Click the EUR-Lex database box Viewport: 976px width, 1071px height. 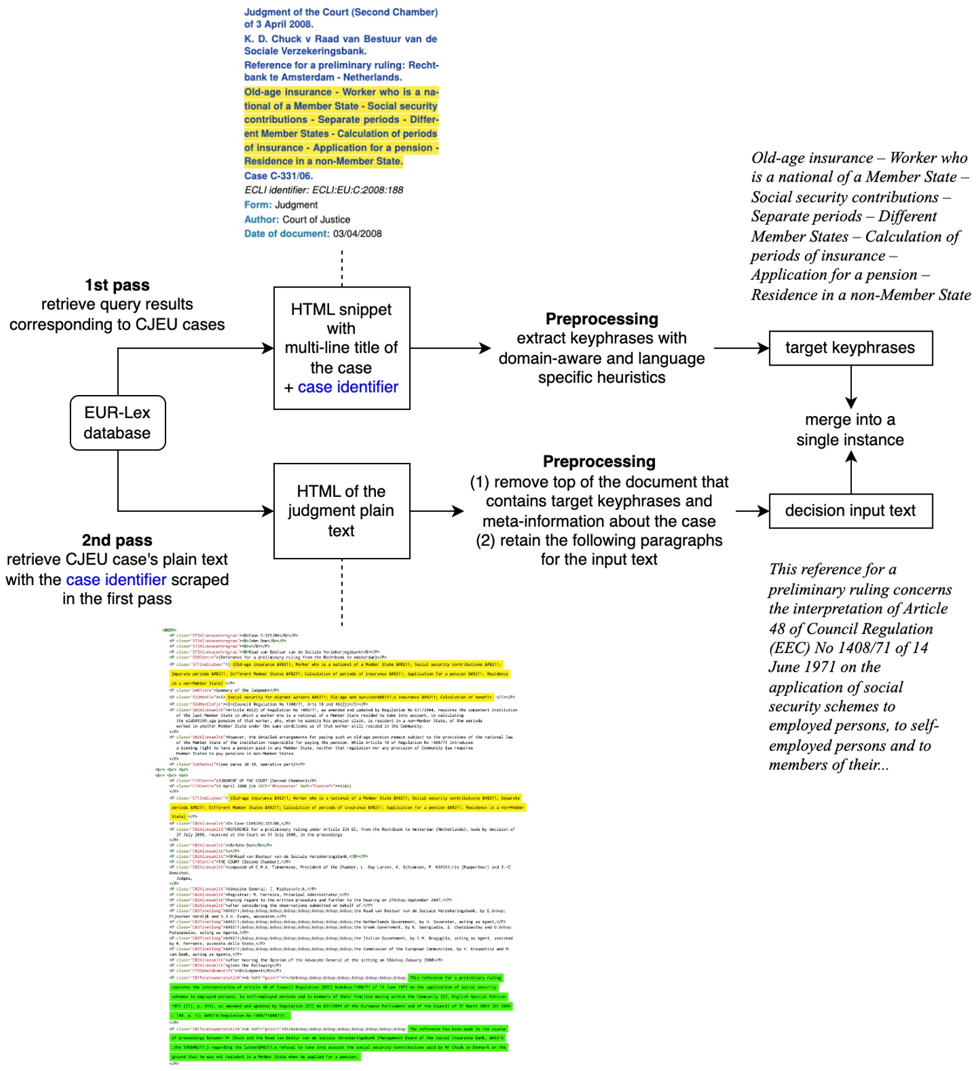click(117, 423)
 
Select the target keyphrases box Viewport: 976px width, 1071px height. click(849, 348)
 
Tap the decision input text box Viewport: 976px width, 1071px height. click(849, 511)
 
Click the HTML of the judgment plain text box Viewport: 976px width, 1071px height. click(341, 511)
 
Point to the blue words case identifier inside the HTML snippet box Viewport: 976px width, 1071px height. click(348, 387)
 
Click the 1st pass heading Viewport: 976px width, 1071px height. click(117, 285)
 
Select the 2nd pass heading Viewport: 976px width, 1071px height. click(117, 540)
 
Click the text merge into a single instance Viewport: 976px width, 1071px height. click(849, 430)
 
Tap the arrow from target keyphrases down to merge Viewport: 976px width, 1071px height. click(851, 386)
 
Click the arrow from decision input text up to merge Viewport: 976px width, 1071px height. click(851, 472)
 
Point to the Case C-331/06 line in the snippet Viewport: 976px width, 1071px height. click(278, 176)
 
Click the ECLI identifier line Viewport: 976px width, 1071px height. click(323, 190)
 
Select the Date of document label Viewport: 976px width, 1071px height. click(286, 234)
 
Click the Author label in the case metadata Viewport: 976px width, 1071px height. click(261, 220)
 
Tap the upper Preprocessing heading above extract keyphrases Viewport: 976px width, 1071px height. click(601, 319)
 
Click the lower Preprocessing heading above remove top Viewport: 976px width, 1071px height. click(599, 462)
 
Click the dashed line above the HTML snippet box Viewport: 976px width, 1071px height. click(342, 268)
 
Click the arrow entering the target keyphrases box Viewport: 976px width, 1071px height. click(741, 348)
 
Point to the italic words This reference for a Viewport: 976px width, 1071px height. click(832, 569)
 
